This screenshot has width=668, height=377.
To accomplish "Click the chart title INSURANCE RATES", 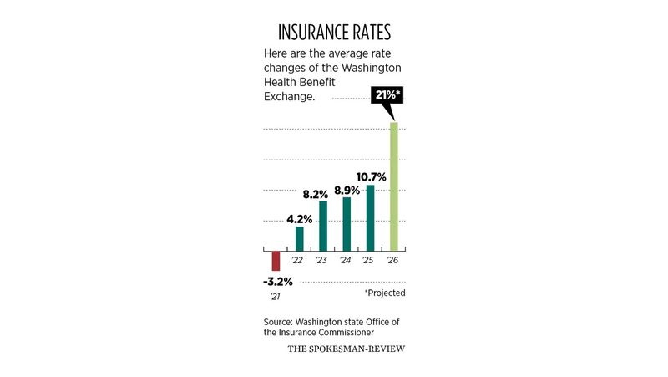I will [334, 33].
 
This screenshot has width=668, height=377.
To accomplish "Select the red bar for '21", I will [276, 260].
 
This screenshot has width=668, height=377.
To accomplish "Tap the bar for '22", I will [300, 238].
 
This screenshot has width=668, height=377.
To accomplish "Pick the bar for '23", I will [323, 226].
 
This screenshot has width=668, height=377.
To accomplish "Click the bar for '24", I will [347, 223].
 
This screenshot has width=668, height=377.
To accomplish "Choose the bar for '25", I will [370, 217].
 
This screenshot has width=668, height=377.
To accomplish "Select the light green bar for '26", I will [394, 186].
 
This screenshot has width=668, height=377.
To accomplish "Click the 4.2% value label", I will [300, 219].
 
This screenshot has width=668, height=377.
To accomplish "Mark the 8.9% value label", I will [346, 190].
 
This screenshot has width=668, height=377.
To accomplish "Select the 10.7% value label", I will [371, 176].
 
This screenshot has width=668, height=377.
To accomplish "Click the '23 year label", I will [321, 261].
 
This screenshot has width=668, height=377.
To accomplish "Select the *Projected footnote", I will [385, 293].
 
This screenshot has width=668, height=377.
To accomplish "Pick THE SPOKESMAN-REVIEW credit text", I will [346, 349].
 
